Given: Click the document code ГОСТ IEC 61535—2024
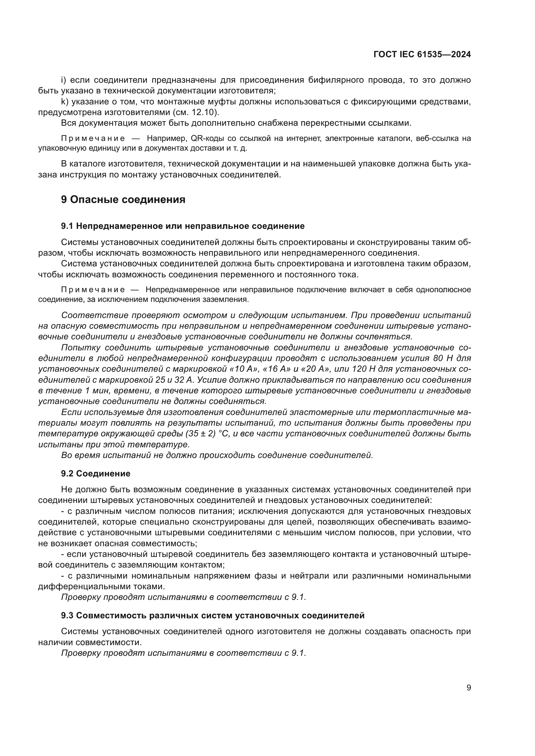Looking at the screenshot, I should [x=422, y=55].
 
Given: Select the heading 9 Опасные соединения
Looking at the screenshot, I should [x=123, y=199].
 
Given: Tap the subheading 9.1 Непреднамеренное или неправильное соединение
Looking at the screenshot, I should [x=182, y=226].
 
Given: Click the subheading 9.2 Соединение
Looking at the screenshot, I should [x=95, y=474].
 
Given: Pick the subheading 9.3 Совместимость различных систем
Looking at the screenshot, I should [x=213, y=615].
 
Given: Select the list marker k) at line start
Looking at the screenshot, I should [x=64, y=102].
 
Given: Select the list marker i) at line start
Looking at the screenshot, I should [x=64, y=80].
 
